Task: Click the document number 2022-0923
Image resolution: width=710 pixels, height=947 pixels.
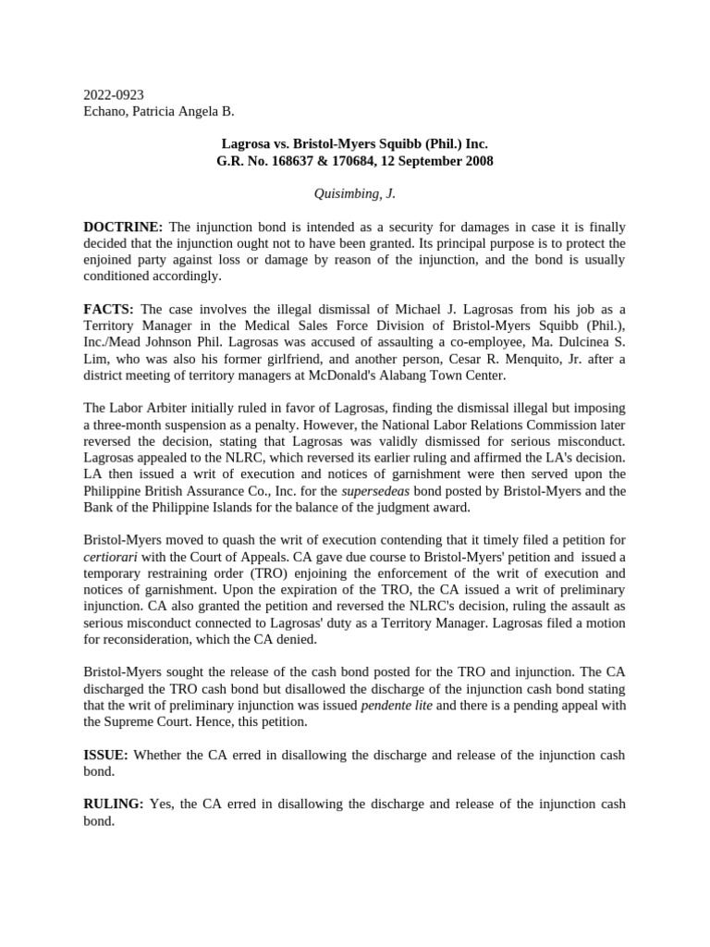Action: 114,95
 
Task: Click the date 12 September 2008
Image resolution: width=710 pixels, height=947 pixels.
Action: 428,161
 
